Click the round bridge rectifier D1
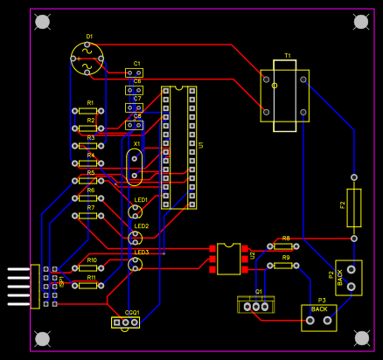pyautogui.click(x=87, y=59)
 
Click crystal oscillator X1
pyautogui.click(x=134, y=166)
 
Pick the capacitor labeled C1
pyautogui.click(x=134, y=73)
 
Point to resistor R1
pyautogui.click(x=87, y=111)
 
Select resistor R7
pyautogui.click(x=87, y=216)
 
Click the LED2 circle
pyautogui.click(x=136, y=237)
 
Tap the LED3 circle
pyautogui.click(x=136, y=263)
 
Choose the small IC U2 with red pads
pyautogui.click(x=229, y=260)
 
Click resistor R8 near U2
pyautogui.click(x=282, y=246)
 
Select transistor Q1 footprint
pyautogui.click(x=256, y=305)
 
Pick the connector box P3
pyautogui.click(x=319, y=317)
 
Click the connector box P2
pyautogui.click(x=349, y=277)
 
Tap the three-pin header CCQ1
pyautogui.click(x=126, y=322)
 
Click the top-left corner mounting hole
pyautogui.click(x=42, y=21)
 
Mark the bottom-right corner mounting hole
pyautogui.click(x=361, y=337)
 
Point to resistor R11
pyautogui.click(x=87, y=285)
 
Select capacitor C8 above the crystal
pyautogui.click(x=134, y=125)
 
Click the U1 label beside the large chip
pyautogui.click(x=200, y=145)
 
